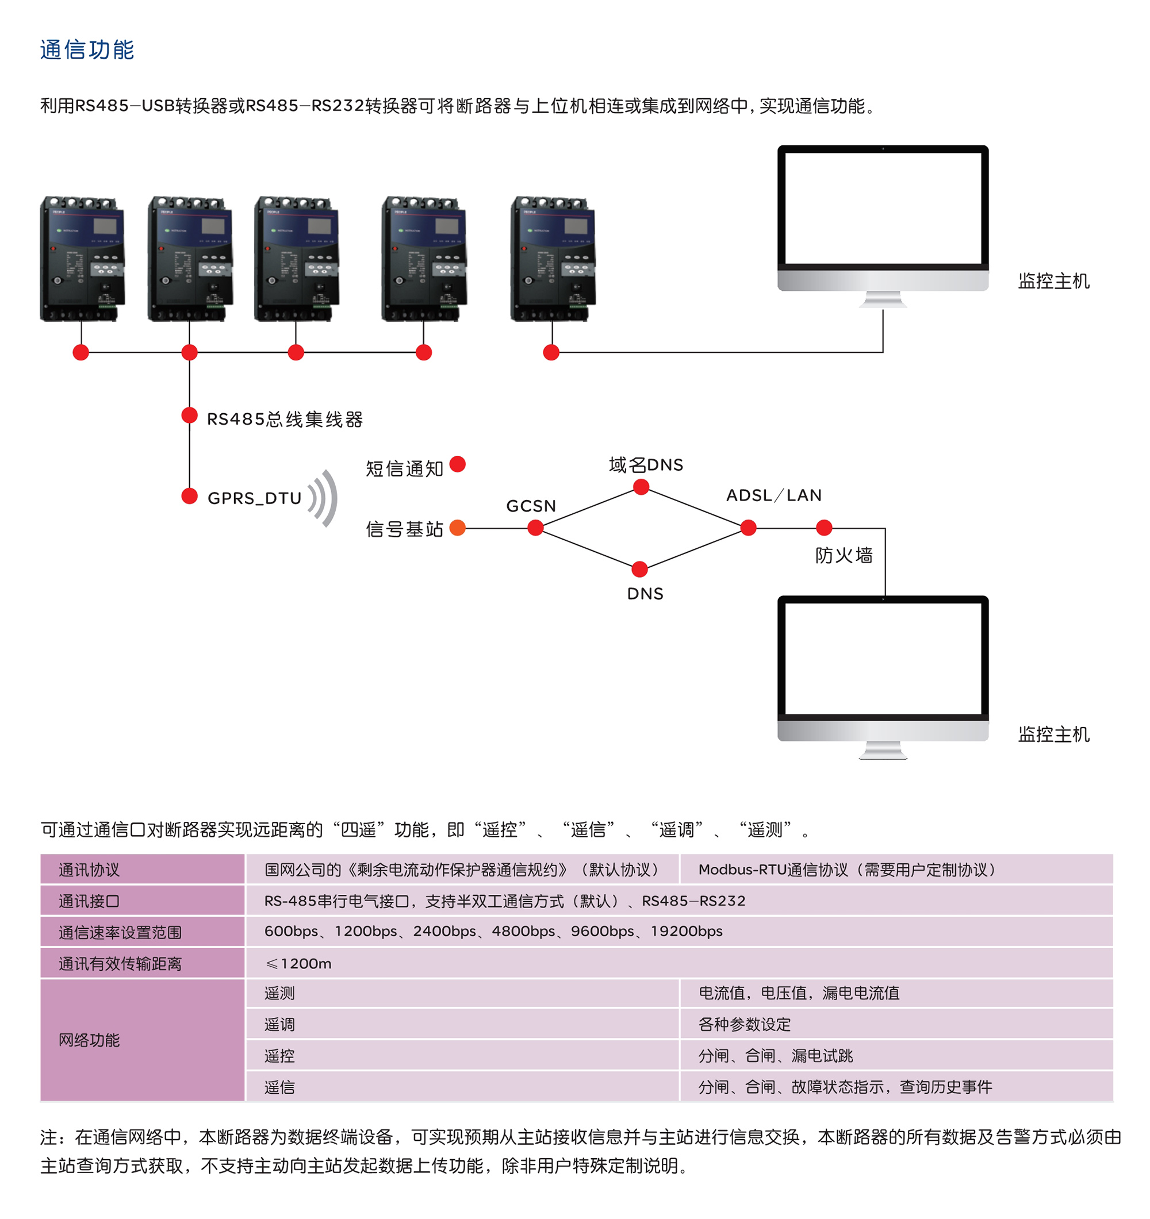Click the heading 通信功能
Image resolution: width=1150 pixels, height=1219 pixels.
coord(86,49)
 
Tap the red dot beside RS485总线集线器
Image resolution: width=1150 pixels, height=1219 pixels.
coord(190,416)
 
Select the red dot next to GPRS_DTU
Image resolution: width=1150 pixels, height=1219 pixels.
coord(190,496)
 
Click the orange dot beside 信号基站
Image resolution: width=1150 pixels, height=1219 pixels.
coord(458,528)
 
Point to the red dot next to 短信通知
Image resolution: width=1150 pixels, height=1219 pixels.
coord(458,464)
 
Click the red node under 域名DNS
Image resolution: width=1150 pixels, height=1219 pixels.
coord(641,487)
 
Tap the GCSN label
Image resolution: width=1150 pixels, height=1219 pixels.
coord(531,506)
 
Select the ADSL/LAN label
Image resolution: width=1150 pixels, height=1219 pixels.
coord(773,495)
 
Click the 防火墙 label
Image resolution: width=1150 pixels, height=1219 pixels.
coord(844,556)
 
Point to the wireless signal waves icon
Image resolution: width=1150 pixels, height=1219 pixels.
coord(324,498)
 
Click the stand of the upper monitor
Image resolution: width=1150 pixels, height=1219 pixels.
coord(883,299)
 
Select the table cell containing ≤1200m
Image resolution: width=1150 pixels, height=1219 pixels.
coord(298,963)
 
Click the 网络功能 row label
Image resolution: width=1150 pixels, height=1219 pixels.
coord(90,1040)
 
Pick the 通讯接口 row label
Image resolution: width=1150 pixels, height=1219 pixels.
coord(90,901)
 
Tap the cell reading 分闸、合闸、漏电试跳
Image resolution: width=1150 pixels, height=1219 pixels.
coord(775,1056)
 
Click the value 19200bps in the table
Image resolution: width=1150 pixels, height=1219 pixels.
coord(687,932)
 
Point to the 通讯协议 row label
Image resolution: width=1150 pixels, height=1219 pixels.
coord(90,870)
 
